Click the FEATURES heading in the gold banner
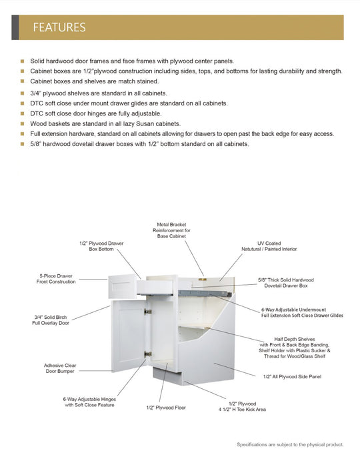[59, 27]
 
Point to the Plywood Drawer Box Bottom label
[101, 246]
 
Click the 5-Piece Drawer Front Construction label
[56, 279]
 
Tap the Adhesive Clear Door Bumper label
[61, 368]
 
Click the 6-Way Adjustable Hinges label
[89, 402]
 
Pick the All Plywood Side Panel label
[292, 377]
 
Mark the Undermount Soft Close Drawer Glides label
[302, 312]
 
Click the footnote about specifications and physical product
[289, 444]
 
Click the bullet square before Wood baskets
[22, 123]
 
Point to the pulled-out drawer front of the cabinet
[123, 283]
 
